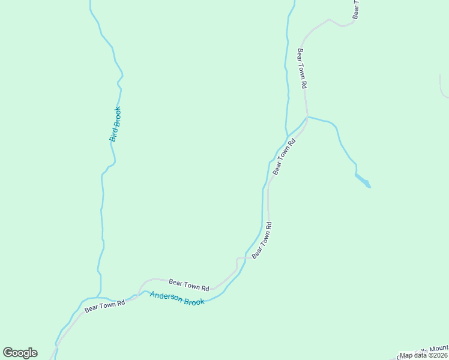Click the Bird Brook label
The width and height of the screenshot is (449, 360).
pyautogui.click(x=115, y=124)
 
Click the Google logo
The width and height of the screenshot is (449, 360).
pyautogui.click(x=20, y=353)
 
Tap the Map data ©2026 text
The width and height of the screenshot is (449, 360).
pyautogui.click(x=424, y=355)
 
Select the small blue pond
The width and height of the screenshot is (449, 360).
pyautogui.click(x=363, y=180)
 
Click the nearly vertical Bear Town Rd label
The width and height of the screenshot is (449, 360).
pyautogui.click(x=302, y=69)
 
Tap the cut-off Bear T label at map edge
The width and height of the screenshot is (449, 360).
pyautogui.click(x=356, y=9)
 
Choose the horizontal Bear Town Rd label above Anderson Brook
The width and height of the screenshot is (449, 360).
pyautogui.click(x=188, y=284)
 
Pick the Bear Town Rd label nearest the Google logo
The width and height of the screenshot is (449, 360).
pyautogui.click(x=104, y=307)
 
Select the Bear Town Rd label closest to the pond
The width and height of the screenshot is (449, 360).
pyautogui.click(x=285, y=157)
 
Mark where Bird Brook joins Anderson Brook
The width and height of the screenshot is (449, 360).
pyautogui.click(x=100, y=298)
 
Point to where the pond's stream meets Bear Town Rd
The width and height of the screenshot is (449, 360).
pyautogui.click(x=307, y=117)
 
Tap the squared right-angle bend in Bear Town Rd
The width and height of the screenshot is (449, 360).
pyautogui.click(x=237, y=259)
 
